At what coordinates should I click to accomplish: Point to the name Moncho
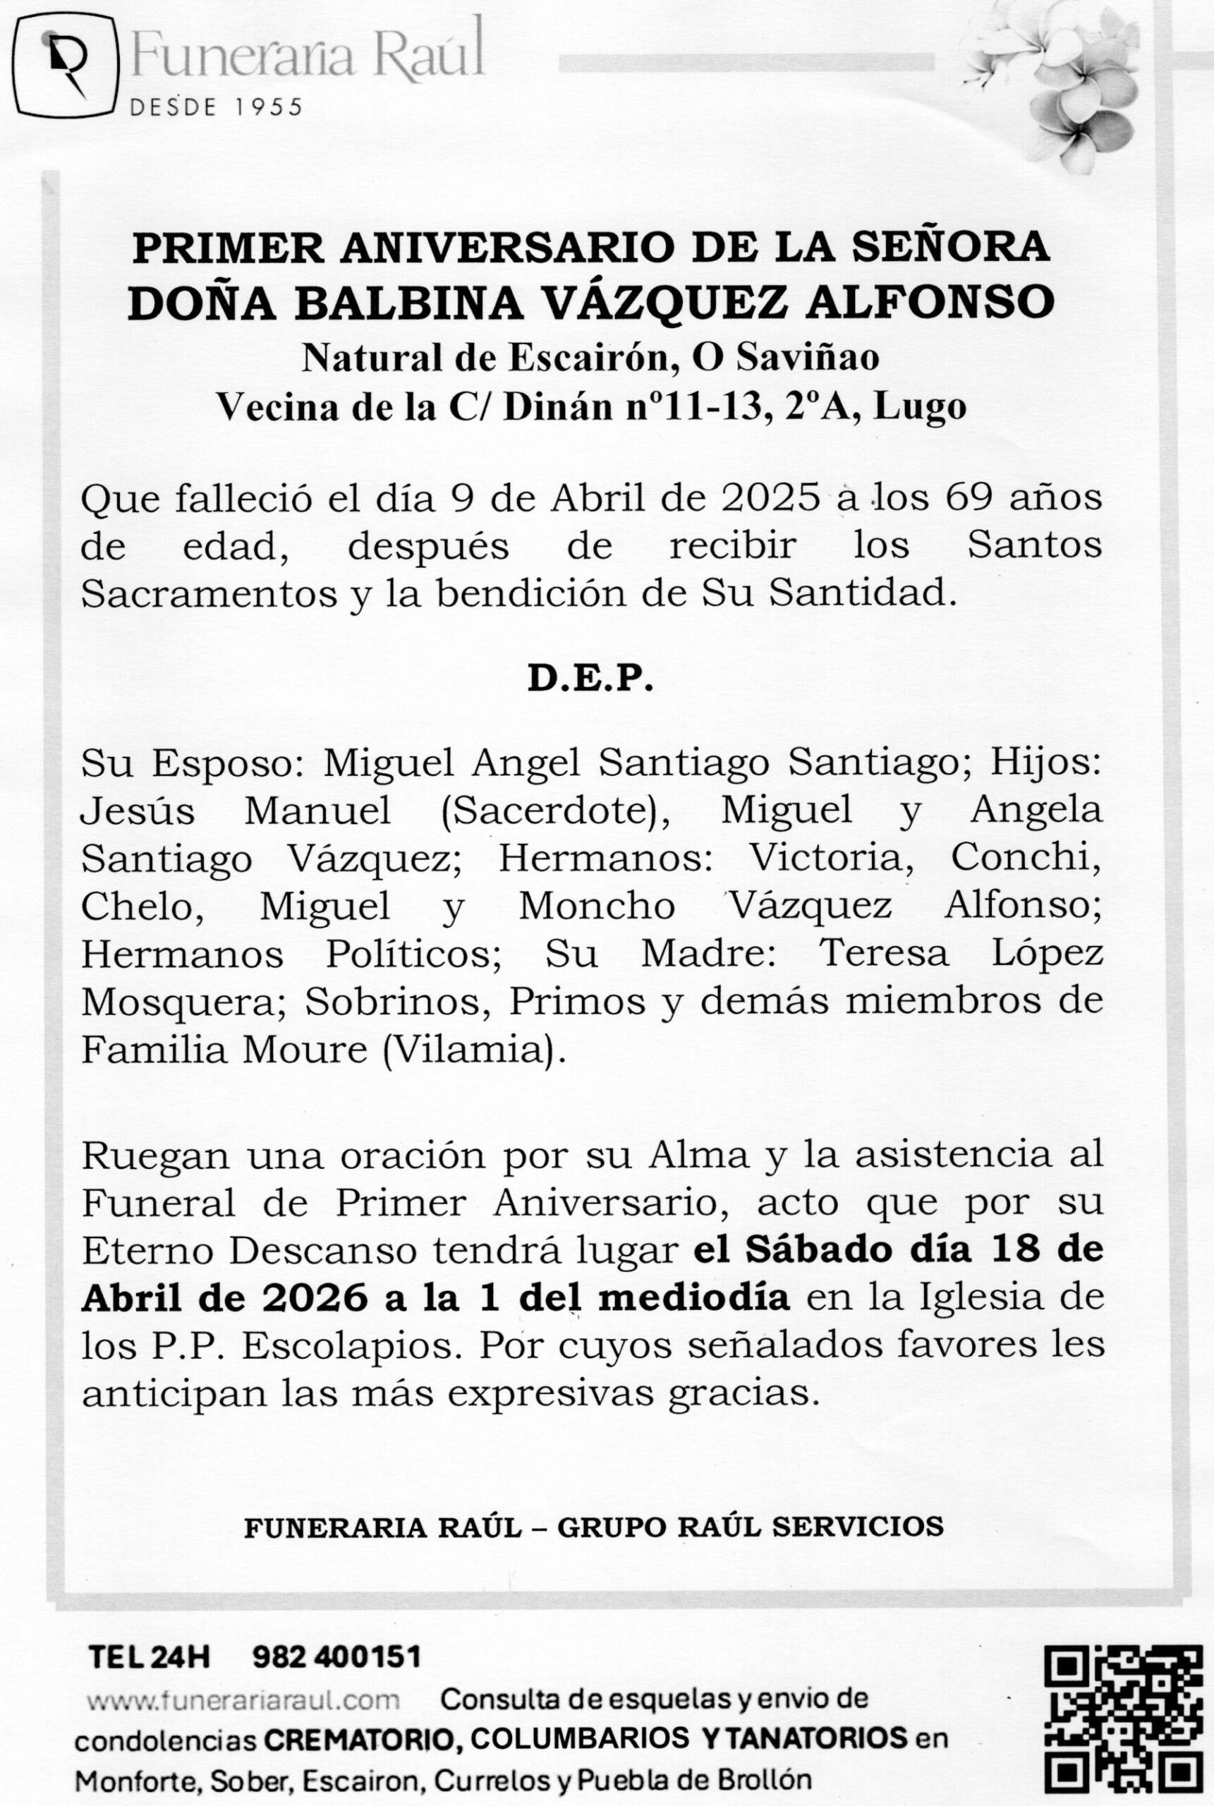(596, 907)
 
